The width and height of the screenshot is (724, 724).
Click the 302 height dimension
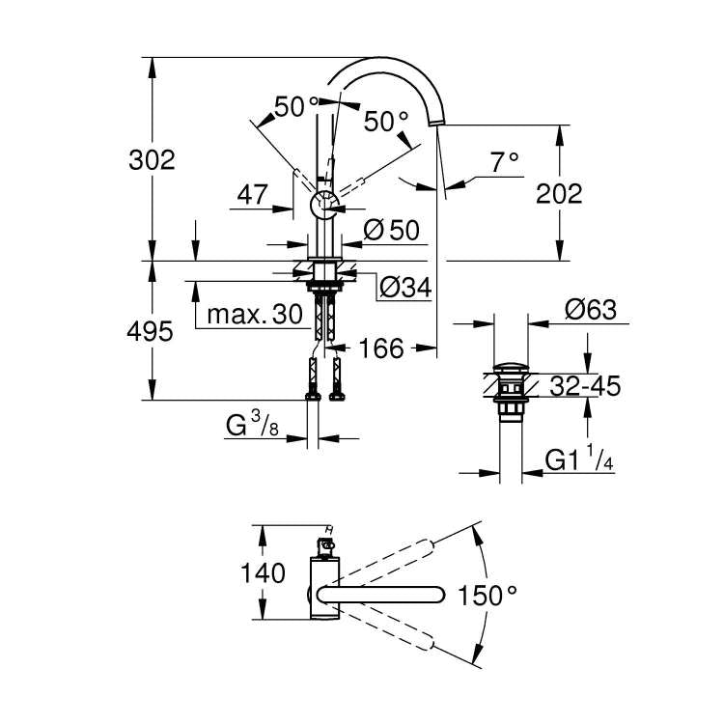[x=153, y=160]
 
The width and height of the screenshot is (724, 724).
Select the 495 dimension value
[x=151, y=332]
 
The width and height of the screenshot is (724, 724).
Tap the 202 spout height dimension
[x=560, y=193]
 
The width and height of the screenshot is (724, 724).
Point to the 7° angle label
[x=503, y=163]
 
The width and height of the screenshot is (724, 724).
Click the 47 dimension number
[x=252, y=194]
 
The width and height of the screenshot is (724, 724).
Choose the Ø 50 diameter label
[x=392, y=230]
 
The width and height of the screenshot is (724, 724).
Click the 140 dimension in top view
[x=264, y=572]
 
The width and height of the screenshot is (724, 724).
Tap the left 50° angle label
[x=295, y=107]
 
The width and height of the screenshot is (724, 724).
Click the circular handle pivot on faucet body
[x=323, y=206]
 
